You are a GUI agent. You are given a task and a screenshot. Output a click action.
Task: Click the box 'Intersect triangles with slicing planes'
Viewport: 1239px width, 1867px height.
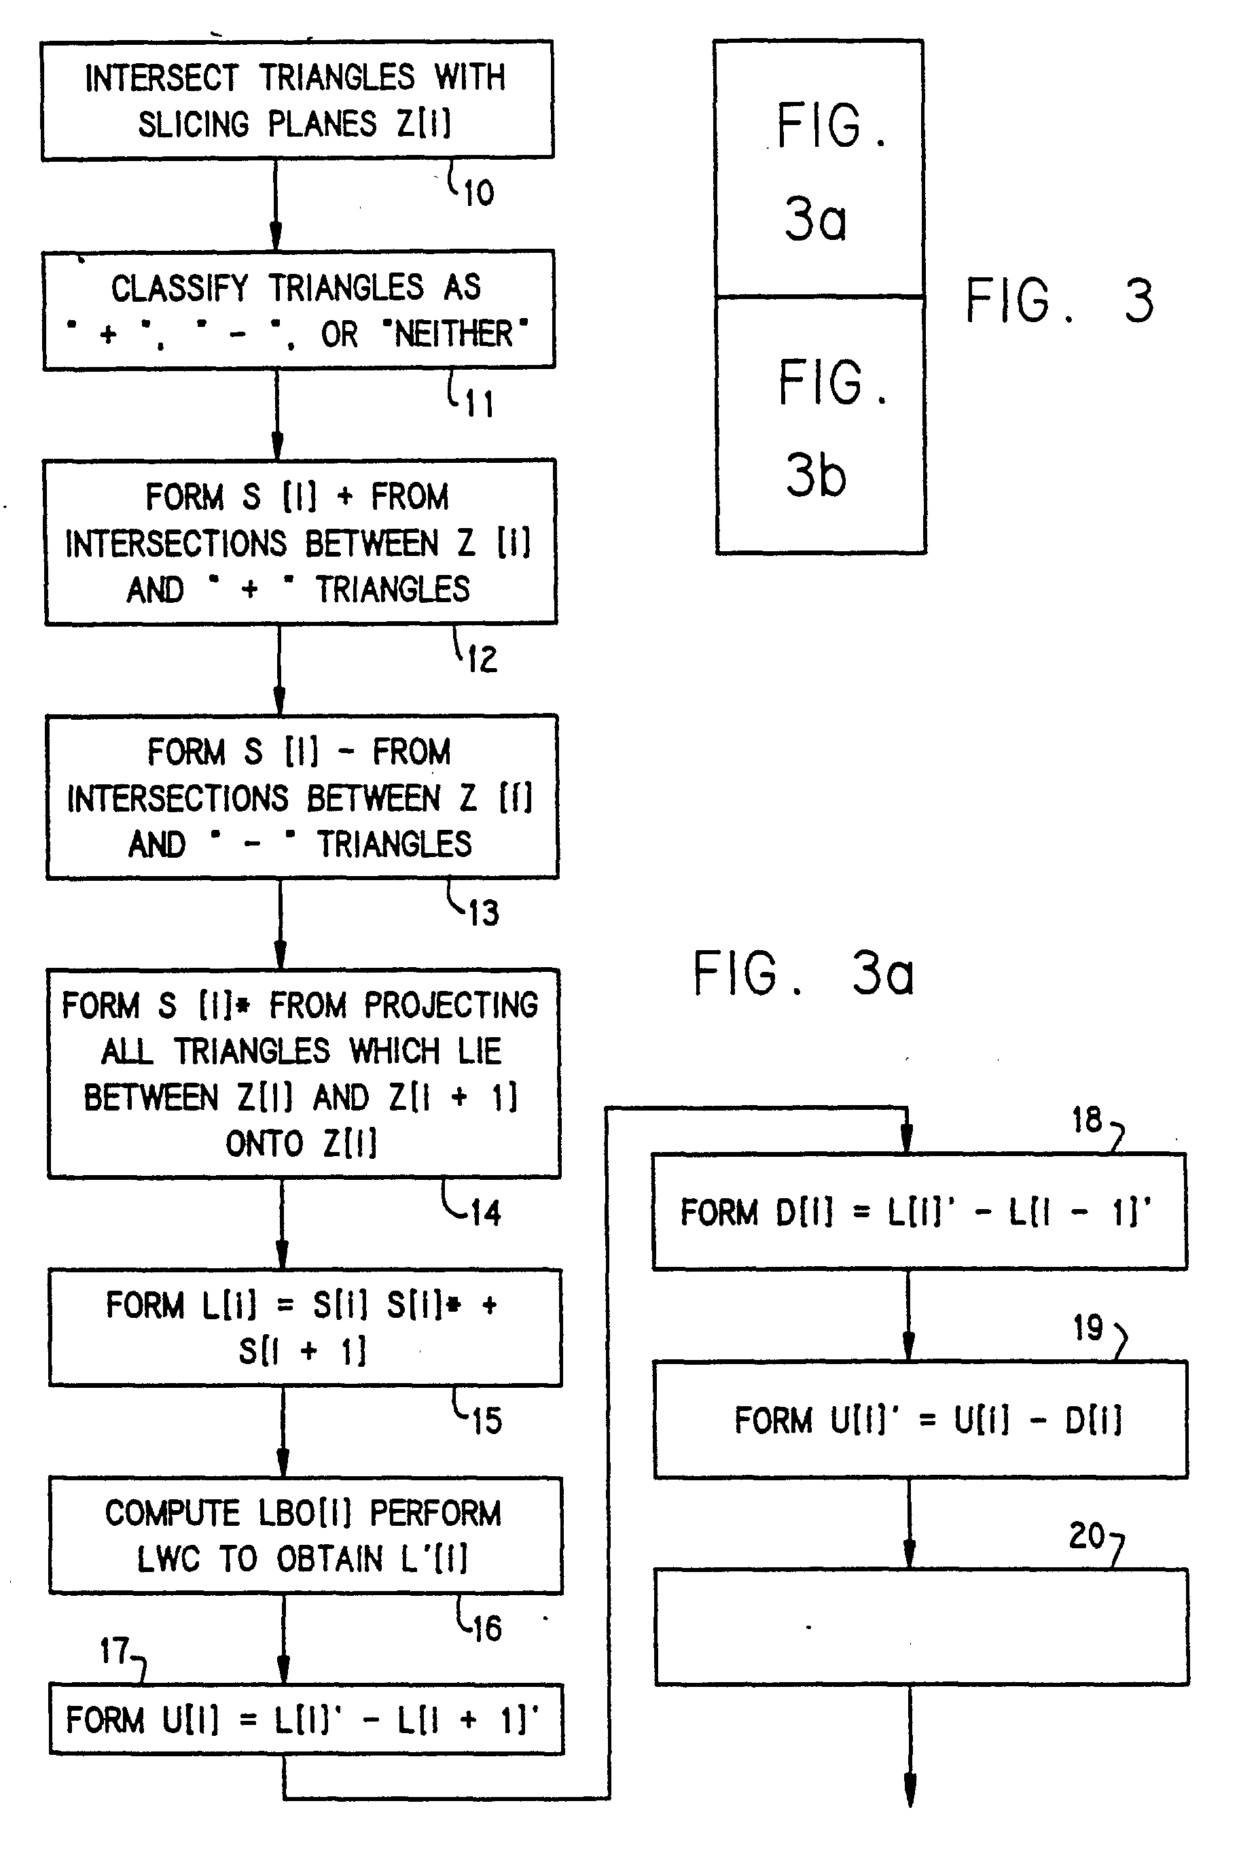[296, 101]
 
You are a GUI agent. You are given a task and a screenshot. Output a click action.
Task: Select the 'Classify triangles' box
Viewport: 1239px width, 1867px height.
[298, 310]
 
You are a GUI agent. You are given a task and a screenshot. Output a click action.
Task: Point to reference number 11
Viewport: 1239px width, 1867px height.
[480, 404]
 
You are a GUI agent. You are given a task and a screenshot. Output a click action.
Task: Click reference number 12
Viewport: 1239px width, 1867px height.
[482, 659]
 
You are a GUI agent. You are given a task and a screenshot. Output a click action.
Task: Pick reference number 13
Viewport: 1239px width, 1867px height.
[484, 913]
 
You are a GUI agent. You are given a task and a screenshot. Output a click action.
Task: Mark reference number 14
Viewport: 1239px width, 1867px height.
[485, 1212]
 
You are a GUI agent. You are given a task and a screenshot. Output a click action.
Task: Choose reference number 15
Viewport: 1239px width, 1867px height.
[487, 1421]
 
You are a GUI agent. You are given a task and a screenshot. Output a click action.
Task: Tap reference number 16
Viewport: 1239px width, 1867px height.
[487, 1628]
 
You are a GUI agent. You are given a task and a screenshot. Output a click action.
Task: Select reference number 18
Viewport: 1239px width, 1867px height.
[1086, 1120]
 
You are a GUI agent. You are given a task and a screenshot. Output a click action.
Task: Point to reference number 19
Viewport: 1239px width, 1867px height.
[1088, 1328]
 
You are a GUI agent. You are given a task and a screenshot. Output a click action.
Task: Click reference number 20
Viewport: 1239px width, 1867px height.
[1086, 1536]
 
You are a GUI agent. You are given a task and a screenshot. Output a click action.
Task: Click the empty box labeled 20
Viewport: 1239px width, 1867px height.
[921, 1626]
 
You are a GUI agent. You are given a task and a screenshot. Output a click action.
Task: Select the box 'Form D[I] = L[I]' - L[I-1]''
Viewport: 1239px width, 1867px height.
[919, 1212]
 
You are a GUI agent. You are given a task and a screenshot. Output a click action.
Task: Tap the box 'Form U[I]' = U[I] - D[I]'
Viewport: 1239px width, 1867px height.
[920, 1420]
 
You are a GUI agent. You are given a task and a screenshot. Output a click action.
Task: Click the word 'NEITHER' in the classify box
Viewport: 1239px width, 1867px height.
[454, 334]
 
